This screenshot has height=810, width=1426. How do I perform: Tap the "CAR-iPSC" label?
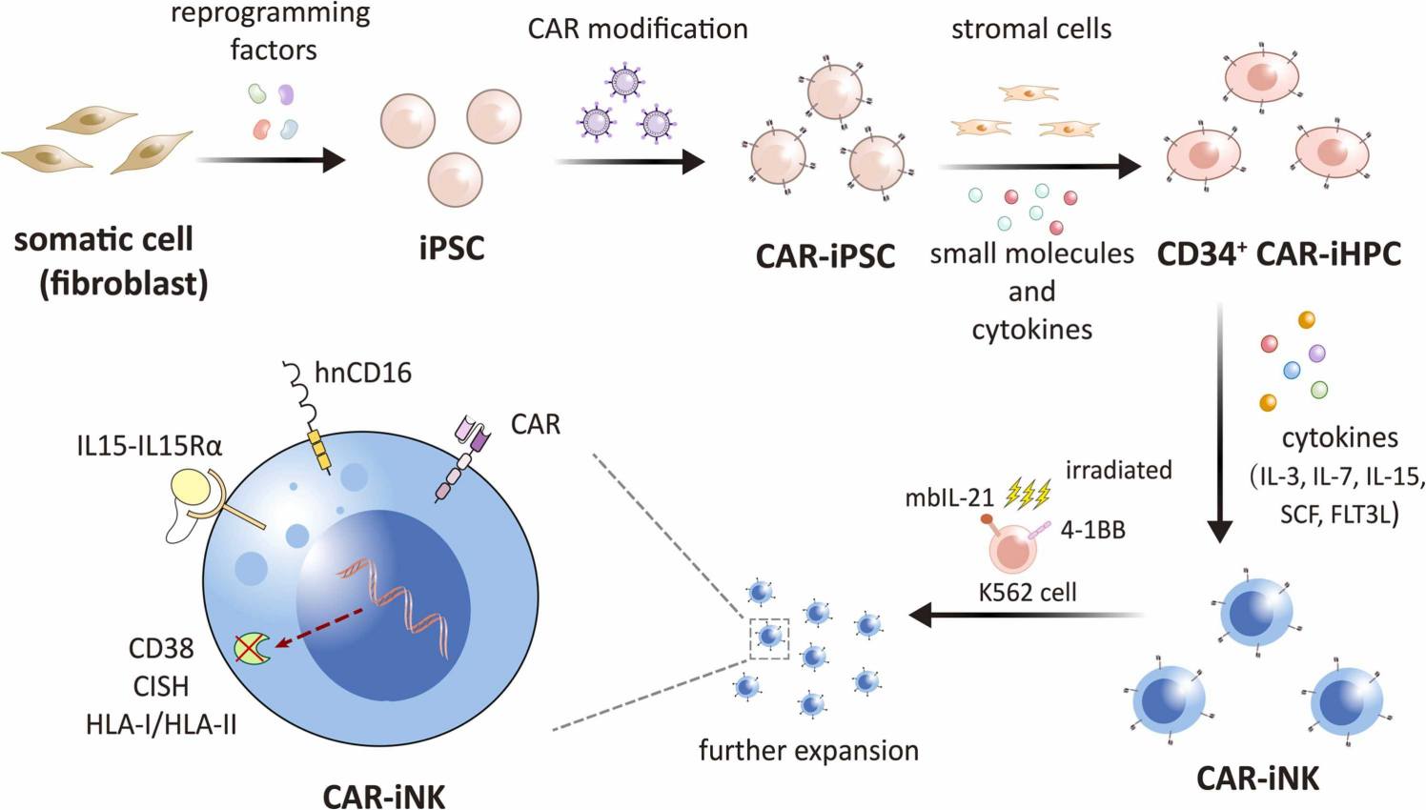825,255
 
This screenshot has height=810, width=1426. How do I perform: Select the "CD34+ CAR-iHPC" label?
1278,253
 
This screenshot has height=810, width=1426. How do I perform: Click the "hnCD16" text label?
363,373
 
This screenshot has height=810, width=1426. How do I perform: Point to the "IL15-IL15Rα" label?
149,445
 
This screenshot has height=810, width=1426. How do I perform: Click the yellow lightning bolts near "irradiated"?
1029,493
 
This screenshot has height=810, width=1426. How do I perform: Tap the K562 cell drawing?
1012,547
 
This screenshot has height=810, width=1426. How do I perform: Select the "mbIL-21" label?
949,496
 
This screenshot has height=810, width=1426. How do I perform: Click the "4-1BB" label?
1092,529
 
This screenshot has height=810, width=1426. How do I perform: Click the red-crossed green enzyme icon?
252,649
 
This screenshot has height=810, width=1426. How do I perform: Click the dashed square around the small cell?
769,638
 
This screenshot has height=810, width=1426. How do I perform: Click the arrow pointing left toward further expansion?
1025,615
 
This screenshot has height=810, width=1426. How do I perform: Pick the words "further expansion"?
808,750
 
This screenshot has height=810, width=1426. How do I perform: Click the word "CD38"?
161,648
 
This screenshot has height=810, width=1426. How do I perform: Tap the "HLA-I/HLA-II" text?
161,724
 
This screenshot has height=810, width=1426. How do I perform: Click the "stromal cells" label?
1031,29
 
